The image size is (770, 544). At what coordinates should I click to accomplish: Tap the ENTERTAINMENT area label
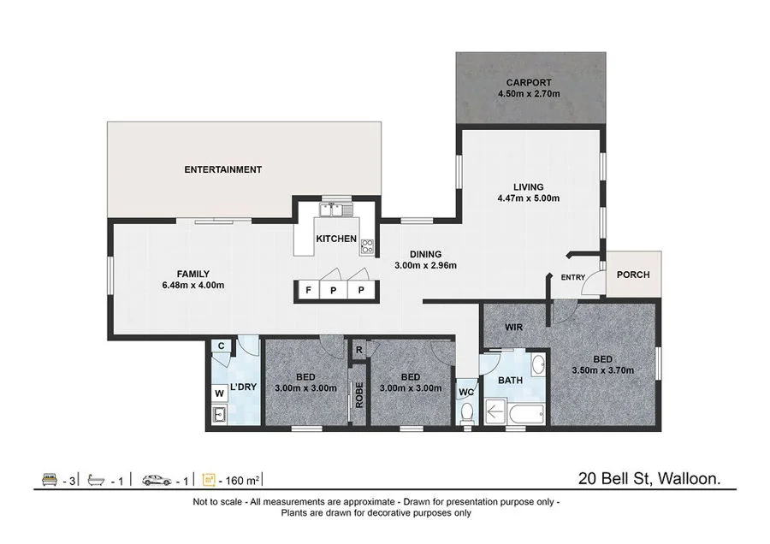[223, 169]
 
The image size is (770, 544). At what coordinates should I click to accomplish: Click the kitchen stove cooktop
[368, 247]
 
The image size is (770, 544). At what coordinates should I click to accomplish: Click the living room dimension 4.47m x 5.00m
[528, 198]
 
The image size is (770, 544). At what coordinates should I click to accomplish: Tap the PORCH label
[633, 275]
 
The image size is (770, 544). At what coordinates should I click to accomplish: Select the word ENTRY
[573, 277]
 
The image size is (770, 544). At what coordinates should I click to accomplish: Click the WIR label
[513, 327]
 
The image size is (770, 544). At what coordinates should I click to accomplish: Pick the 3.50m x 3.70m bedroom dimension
[601, 370]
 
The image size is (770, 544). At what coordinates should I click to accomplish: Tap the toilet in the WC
[466, 412]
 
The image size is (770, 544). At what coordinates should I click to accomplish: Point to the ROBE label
[359, 395]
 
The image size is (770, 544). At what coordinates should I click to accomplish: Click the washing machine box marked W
[220, 393]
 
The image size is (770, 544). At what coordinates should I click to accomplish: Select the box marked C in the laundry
[221, 346]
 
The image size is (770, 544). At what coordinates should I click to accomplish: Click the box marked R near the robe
[359, 349]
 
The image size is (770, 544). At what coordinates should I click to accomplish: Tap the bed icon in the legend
[49, 480]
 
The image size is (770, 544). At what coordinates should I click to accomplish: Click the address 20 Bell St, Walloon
[649, 479]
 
